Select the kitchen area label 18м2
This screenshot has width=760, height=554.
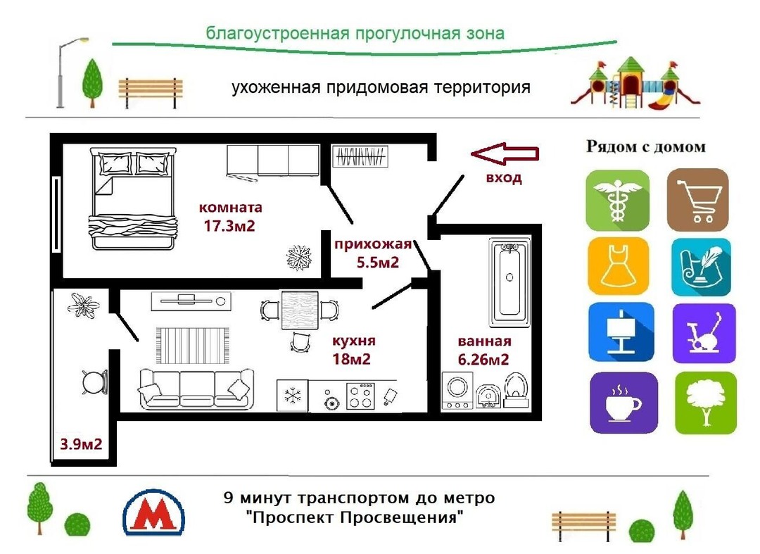(352, 358)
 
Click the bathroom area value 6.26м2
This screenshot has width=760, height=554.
(483, 359)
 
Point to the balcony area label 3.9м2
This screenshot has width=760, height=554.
(82, 444)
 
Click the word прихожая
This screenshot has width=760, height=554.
(372, 245)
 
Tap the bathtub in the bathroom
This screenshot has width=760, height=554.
(510, 281)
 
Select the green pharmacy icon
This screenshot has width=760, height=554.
(617, 200)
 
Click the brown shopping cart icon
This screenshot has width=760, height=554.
(697, 200)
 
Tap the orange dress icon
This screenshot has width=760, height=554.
(617, 266)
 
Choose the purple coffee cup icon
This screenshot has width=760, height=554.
(623, 403)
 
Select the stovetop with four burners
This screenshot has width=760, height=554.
(360, 395)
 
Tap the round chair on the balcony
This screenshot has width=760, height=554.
(93, 382)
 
